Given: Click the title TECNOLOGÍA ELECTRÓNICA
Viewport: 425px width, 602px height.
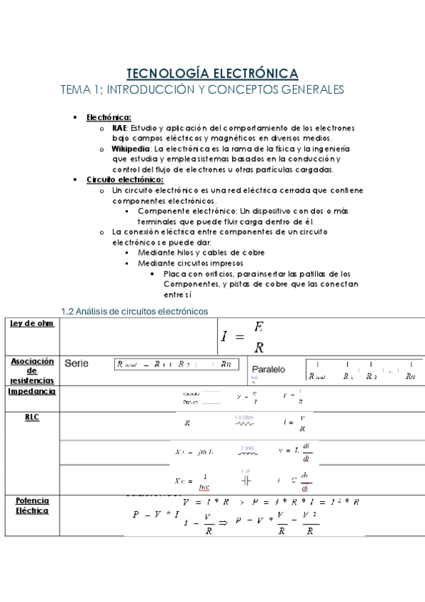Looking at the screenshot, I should [x=212, y=72].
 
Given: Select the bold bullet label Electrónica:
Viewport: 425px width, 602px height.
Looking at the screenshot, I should [x=109, y=117].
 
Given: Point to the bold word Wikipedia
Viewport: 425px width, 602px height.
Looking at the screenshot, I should [x=131, y=149].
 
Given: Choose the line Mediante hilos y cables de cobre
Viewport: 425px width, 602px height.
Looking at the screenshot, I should [x=201, y=253].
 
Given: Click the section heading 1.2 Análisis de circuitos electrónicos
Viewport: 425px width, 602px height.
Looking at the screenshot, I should [x=135, y=310].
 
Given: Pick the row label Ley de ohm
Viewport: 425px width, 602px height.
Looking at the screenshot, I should [x=32, y=324].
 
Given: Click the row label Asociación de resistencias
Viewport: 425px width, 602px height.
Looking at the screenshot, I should [x=32, y=371].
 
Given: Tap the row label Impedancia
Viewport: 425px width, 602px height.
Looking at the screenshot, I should [x=32, y=391].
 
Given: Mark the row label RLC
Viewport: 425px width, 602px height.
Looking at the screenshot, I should [x=32, y=417].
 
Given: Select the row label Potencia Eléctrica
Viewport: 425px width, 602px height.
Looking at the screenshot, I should [x=32, y=505].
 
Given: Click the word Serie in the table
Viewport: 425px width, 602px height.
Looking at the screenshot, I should [x=77, y=363].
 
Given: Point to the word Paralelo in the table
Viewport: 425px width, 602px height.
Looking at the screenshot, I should [x=268, y=369].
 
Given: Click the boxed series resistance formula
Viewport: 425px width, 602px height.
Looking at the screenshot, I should [x=176, y=364].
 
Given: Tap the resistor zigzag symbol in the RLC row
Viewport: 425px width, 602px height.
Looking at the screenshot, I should [x=244, y=424].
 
